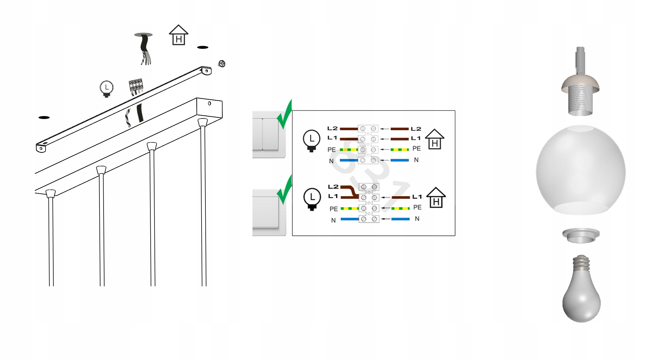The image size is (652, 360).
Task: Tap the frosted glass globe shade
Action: click(x=581, y=170)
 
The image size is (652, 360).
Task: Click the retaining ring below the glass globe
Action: click(x=581, y=235)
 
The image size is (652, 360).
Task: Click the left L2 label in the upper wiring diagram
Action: click(x=332, y=128)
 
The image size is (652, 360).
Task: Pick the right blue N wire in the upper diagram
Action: click(x=400, y=160)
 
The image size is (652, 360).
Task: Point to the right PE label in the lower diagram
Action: click(x=417, y=207)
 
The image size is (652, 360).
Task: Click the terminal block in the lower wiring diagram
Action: click(x=369, y=203)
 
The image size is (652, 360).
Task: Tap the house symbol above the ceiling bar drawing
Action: click(x=178, y=35)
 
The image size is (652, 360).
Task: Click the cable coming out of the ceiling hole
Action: click(x=145, y=49)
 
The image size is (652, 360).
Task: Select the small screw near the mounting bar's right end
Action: click(x=222, y=64)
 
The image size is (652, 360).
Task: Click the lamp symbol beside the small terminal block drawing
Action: click(x=107, y=89)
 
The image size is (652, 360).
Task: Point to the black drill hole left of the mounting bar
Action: click(x=44, y=118)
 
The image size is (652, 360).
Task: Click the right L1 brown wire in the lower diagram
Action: click(x=401, y=197)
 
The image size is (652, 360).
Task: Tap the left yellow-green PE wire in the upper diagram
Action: click(x=349, y=150)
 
